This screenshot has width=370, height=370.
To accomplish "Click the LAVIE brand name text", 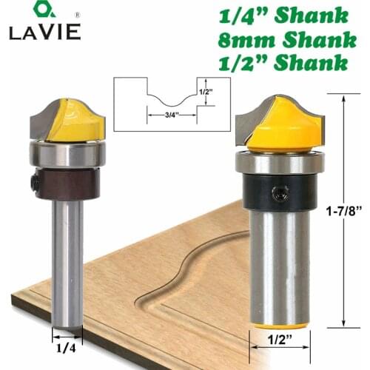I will [36, 33].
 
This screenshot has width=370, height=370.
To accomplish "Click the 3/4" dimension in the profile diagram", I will [156, 115].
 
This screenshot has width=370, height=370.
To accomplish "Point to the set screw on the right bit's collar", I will [279, 195].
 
